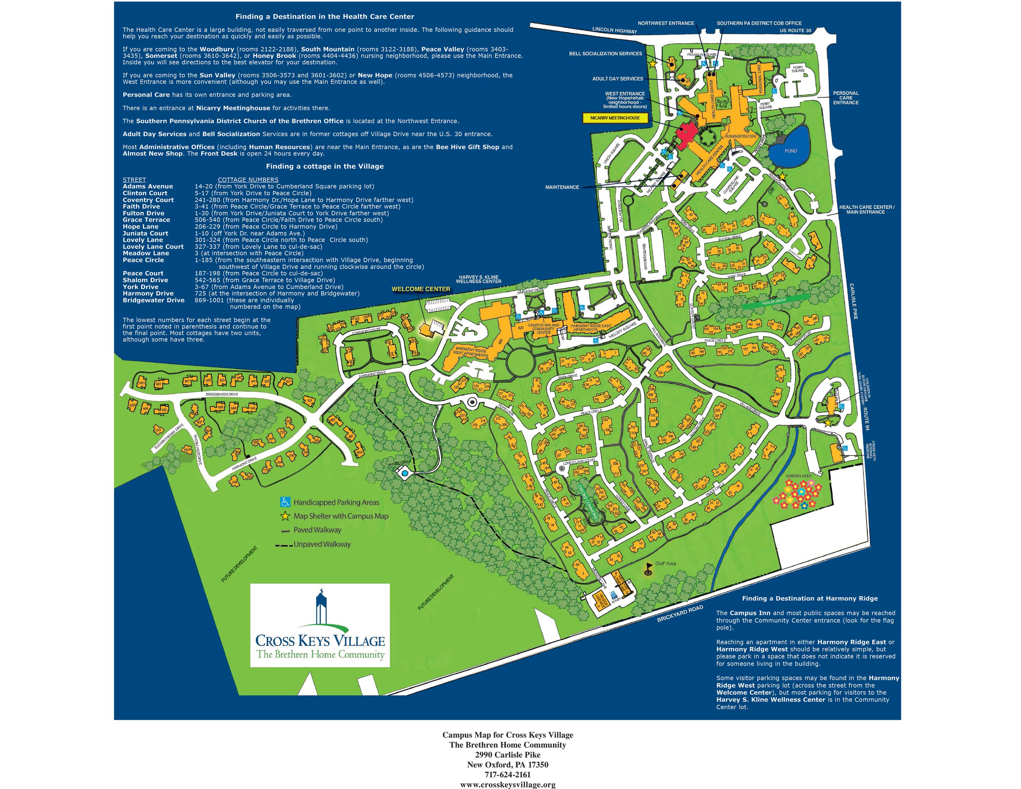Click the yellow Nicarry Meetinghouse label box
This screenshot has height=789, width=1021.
(x=615, y=118)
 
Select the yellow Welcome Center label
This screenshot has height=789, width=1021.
(x=421, y=289)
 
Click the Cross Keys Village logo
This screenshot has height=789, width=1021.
(x=320, y=625)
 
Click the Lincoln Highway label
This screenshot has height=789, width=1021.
(x=614, y=30)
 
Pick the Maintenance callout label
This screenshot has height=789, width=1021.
(x=562, y=188)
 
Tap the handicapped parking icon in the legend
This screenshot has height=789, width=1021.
(x=285, y=502)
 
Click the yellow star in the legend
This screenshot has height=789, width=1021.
(x=285, y=516)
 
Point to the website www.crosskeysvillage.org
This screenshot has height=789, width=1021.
(x=508, y=785)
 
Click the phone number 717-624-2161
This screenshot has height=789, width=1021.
(x=508, y=774)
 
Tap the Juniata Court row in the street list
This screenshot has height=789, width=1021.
(x=145, y=233)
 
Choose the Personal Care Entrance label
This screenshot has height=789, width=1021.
(x=845, y=98)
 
